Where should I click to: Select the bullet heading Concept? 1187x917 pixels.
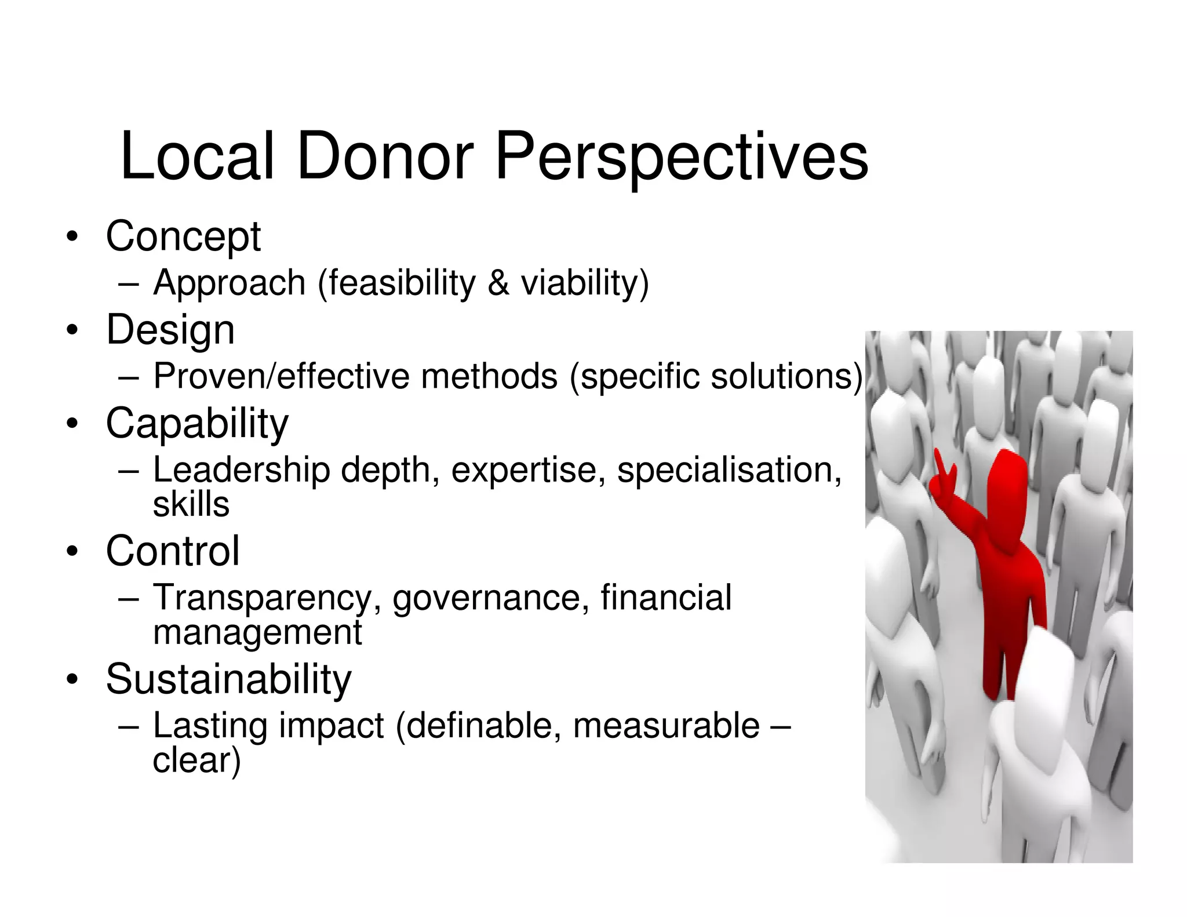pyautogui.click(x=183, y=236)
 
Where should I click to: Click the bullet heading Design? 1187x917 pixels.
pyautogui.click(x=170, y=330)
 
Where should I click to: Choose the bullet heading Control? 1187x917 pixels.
pyautogui.click(x=173, y=551)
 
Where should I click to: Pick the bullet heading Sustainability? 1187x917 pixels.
pyautogui.click(x=228, y=679)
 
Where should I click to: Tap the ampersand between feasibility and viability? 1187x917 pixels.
pyautogui.click(x=498, y=283)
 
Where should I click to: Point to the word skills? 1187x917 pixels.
pyautogui.click(x=191, y=504)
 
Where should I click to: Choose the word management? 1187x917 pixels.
pyautogui.click(x=257, y=632)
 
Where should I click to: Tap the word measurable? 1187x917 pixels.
pyautogui.click(x=666, y=726)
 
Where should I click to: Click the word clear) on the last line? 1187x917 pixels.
pyautogui.click(x=196, y=760)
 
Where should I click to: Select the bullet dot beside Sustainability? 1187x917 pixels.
pyautogui.click(x=71, y=680)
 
